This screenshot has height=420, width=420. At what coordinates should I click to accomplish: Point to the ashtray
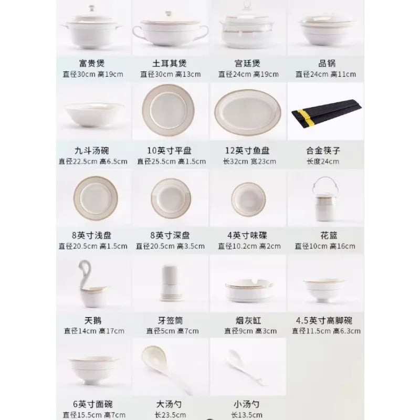coord(247,289)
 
